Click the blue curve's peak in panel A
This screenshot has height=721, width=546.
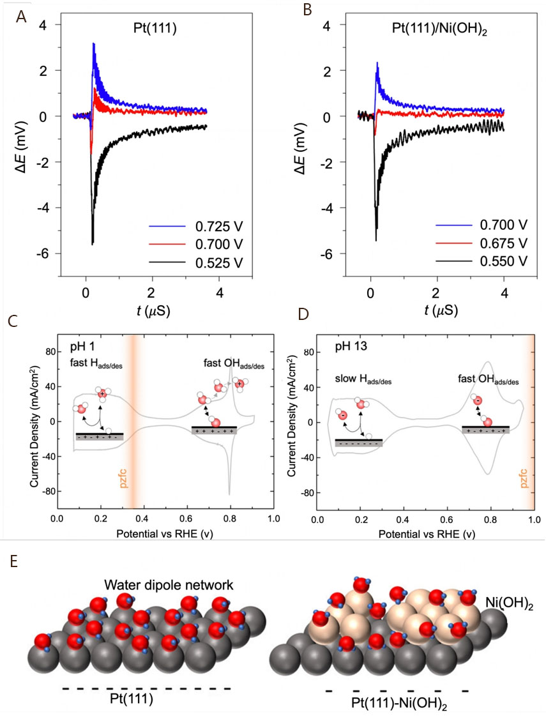[94, 44]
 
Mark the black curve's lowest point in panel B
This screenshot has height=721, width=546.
[376, 240]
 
